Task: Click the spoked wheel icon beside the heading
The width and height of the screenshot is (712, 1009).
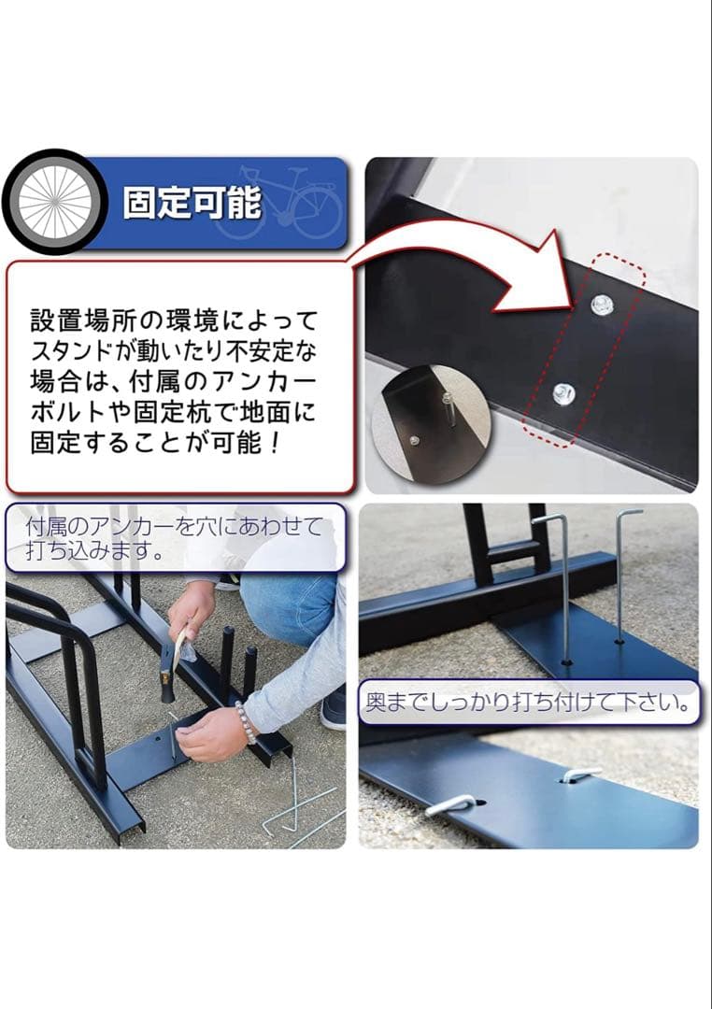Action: pyautogui.click(x=55, y=202)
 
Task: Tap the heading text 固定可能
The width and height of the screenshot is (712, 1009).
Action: pyautogui.click(x=192, y=203)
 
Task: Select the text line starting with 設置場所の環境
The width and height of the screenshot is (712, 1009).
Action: pyautogui.click(x=175, y=320)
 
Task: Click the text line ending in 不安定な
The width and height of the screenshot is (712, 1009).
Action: pyautogui.click(x=175, y=352)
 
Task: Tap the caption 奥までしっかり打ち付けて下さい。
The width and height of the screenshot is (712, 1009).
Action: pyautogui.click(x=530, y=703)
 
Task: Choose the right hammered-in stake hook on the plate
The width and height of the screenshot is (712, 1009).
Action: pyautogui.click(x=579, y=775)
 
